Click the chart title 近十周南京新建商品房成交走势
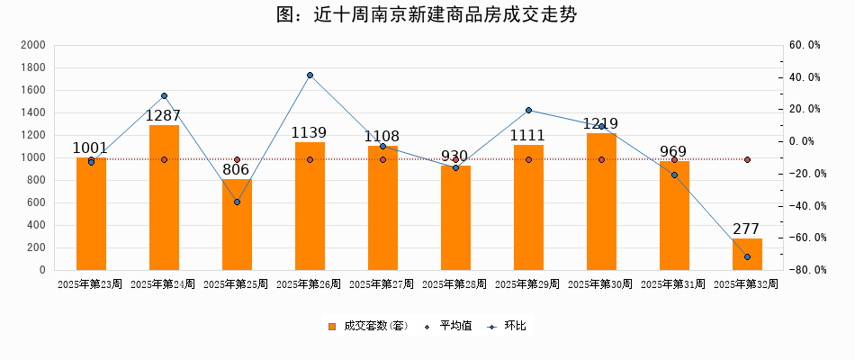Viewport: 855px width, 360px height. point(427,15)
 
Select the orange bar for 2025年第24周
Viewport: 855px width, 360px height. point(164,198)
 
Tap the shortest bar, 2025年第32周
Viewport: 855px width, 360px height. point(747,255)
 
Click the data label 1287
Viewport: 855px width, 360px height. point(164,115)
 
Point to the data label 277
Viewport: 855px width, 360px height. point(747,229)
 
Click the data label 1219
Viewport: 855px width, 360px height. point(601,123)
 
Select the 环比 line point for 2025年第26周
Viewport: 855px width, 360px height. point(310,75)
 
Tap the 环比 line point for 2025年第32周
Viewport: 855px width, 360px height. point(747,257)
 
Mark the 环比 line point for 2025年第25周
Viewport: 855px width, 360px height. point(237,202)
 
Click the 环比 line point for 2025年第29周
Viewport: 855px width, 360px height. point(528,111)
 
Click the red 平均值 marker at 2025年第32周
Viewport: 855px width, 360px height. point(747,159)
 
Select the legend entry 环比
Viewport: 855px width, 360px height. point(508,326)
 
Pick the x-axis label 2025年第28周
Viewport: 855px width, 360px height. point(454,283)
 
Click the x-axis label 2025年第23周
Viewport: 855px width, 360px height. point(90,283)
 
